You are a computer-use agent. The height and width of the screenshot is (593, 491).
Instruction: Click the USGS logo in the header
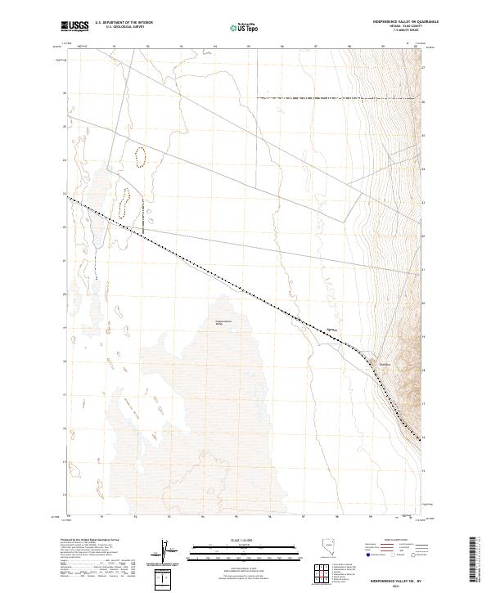(x=74, y=27)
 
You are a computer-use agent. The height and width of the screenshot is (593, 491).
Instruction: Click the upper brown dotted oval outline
(x=141, y=157)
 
